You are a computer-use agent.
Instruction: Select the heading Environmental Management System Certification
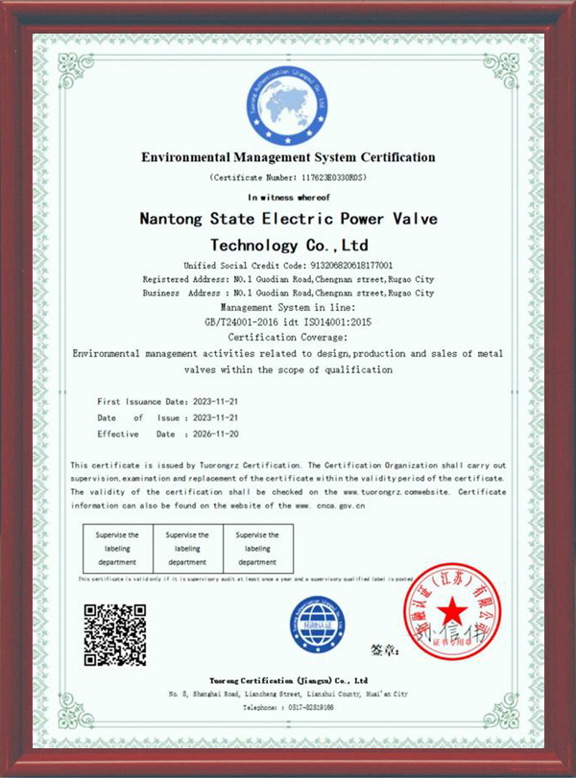tap(288, 157)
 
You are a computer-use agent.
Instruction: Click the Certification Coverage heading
tap(288, 337)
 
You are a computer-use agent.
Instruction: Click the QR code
tap(115, 634)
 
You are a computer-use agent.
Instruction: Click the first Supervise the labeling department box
tap(118, 548)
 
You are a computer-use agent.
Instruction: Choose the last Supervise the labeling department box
tap(257, 548)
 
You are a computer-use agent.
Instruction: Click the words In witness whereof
tap(288, 196)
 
